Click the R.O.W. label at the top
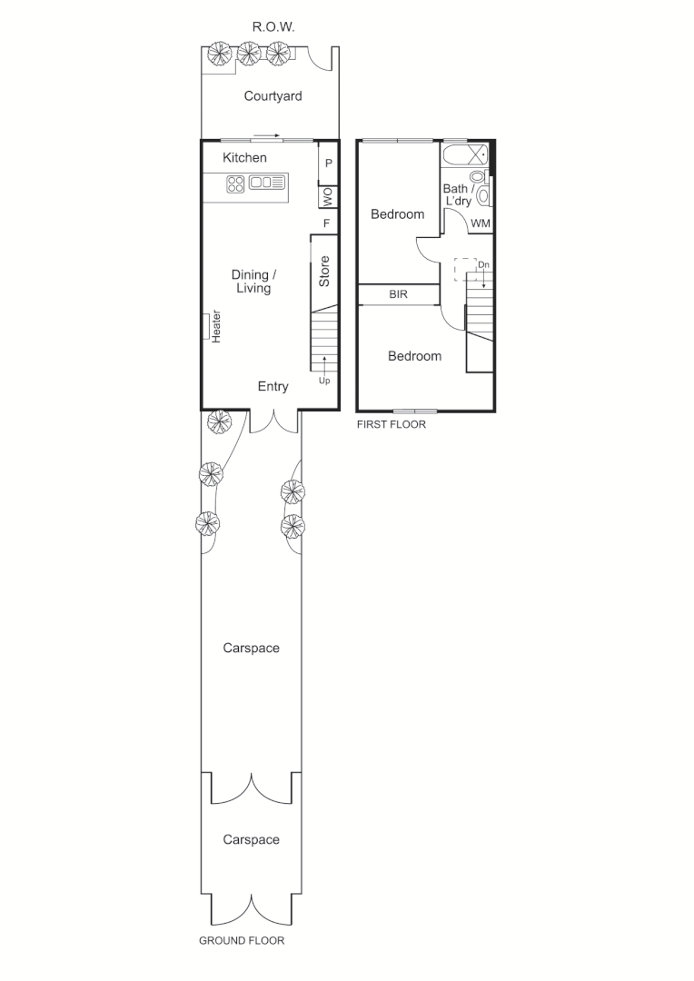273,27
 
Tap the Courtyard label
273,95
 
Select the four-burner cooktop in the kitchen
234,183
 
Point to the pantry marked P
328,164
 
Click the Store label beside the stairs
324,272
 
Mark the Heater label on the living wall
216,327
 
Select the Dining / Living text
253,282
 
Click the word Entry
273,387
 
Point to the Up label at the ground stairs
324,381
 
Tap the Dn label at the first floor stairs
484,264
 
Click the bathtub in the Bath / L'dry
464,155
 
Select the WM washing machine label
481,223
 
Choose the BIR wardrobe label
398,295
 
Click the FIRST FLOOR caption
391,424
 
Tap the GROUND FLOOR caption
242,941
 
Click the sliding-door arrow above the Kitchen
267,136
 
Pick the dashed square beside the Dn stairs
465,270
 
